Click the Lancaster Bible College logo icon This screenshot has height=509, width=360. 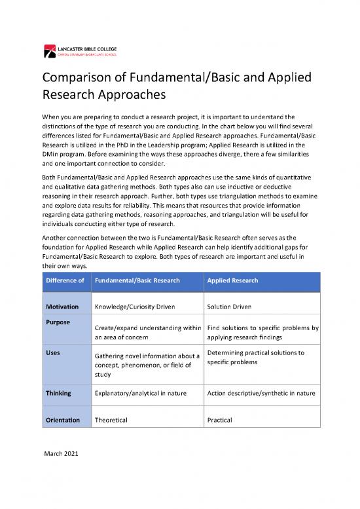point(50,49)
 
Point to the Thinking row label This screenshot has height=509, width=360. point(58,394)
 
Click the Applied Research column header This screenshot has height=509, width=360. point(232,280)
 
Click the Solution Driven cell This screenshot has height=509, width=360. point(230,307)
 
